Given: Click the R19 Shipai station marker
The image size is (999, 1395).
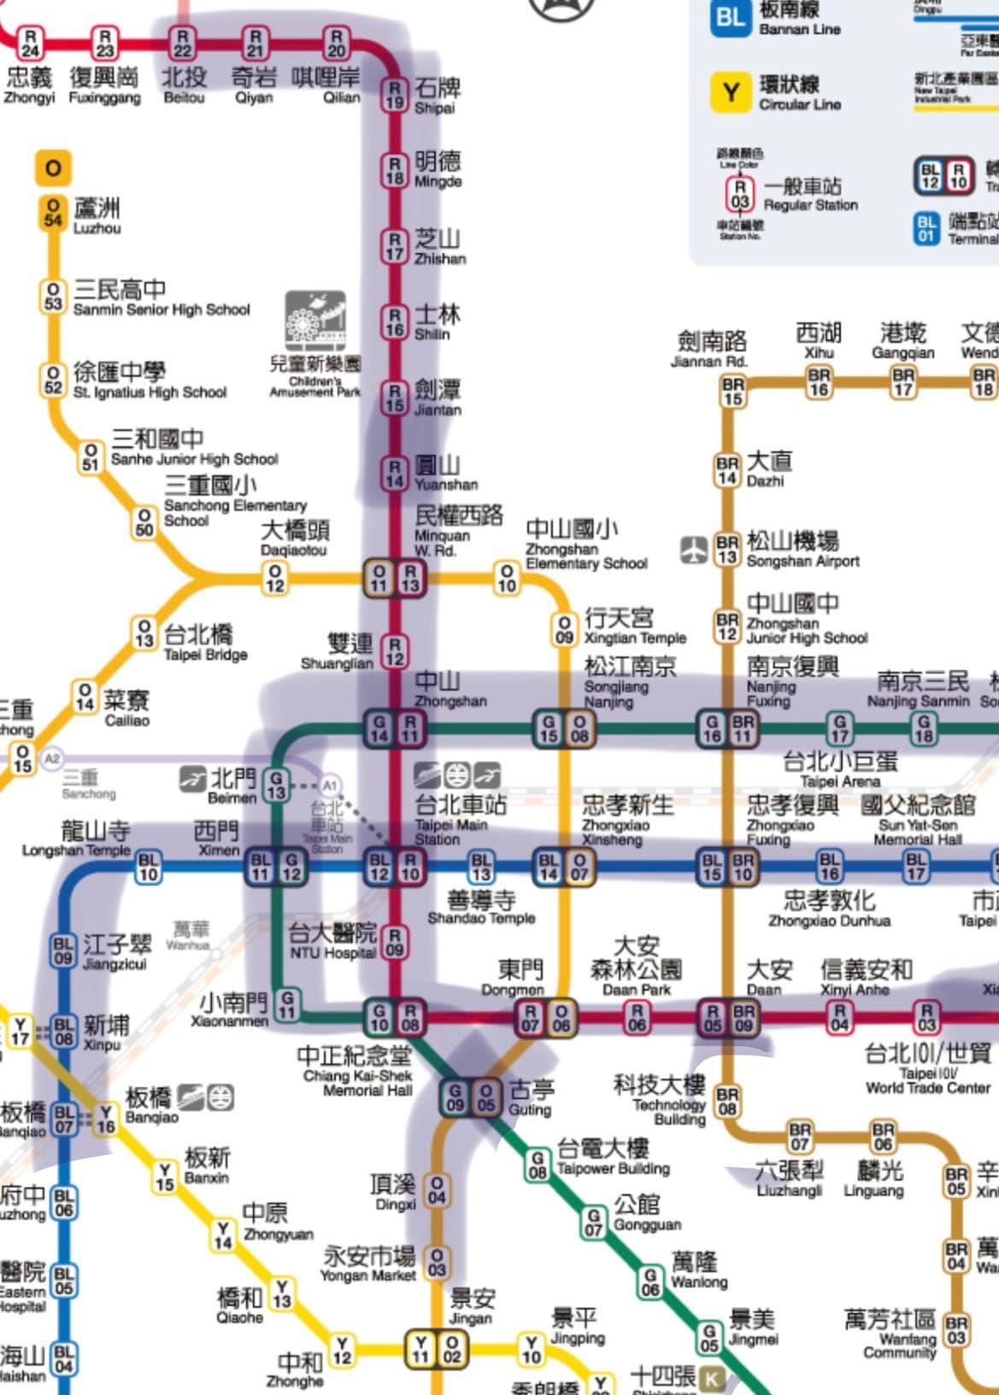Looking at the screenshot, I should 394,95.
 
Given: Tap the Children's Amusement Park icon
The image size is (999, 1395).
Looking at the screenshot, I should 315,321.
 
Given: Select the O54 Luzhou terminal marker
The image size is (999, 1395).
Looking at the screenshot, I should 53,213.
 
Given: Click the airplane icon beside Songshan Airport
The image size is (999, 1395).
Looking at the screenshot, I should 693,550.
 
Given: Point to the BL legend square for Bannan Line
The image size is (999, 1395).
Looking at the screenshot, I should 731,18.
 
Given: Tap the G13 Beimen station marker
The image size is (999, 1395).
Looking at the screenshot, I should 276,785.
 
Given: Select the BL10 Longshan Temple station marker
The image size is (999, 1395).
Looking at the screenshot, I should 149,867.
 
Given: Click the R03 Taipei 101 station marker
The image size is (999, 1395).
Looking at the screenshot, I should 926,1016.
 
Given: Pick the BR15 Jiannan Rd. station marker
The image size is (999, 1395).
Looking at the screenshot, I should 733,391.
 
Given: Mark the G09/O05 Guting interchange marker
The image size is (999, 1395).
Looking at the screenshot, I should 470,1098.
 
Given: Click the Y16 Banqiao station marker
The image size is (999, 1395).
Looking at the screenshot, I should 106,1118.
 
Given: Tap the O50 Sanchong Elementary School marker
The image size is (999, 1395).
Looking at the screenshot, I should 144,522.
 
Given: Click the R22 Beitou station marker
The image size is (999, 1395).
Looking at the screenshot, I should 181,44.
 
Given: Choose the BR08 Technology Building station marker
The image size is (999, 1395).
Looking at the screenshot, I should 727,1102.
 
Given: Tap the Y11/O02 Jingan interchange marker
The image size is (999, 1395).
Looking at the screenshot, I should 436,1350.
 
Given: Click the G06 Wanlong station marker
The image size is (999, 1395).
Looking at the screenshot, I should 650,1281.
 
